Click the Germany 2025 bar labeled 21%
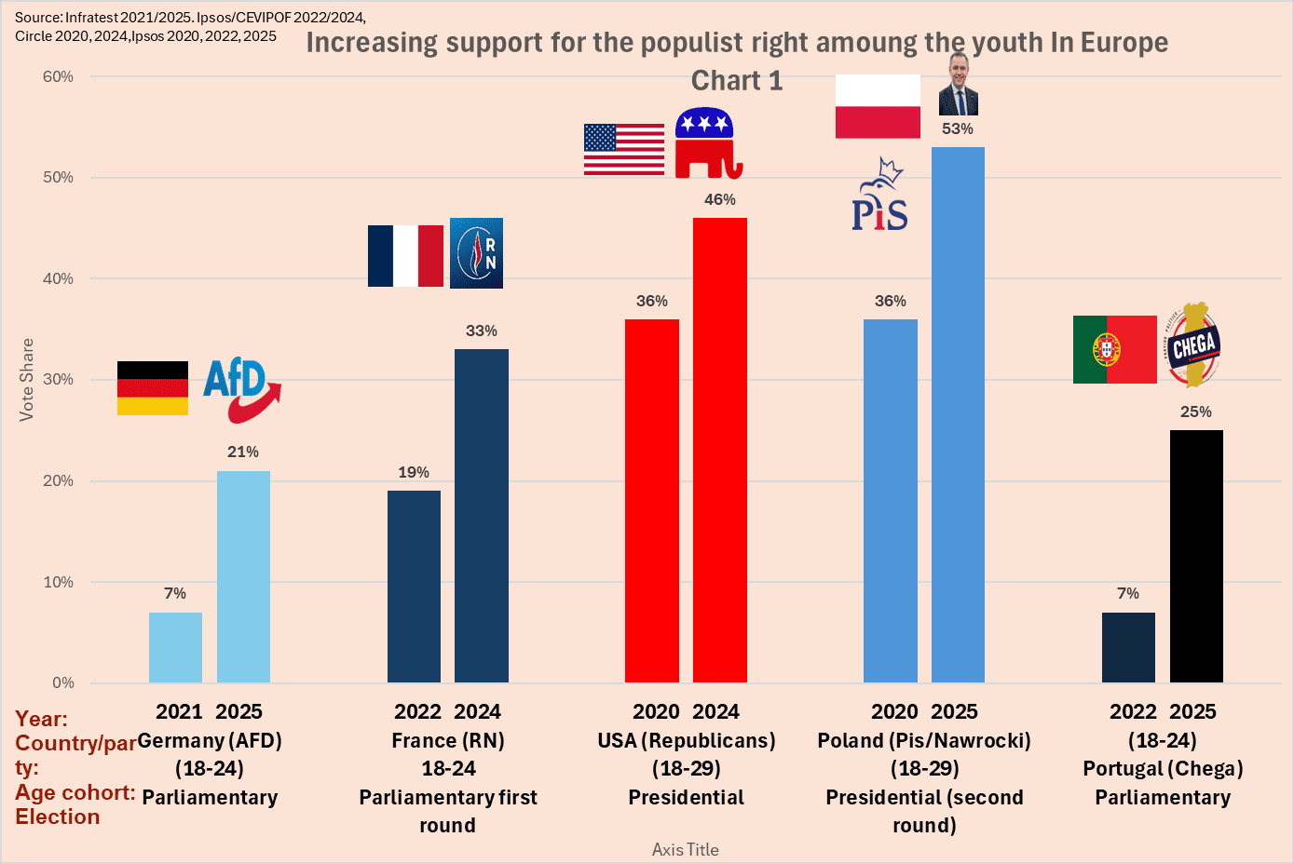pos(243,576)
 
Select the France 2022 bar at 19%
pos(414,587)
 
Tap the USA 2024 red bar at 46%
pos(720,451)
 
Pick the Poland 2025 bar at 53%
pos(958,415)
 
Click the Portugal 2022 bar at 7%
pos(1128,648)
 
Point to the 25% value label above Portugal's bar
pos(1196,412)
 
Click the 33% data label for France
pos(482,331)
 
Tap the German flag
pos(153,388)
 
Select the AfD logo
pos(242,390)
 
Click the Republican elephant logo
pos(708,142)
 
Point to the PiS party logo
pos(879,195)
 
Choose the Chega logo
pos(1193,344)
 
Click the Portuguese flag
pos(1115,349)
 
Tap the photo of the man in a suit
pos(958,85)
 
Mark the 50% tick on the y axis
pos(58,177)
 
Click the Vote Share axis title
pos(27,380)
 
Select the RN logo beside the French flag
pos(476,253)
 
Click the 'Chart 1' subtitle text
pos(737,80)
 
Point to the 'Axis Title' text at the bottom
pos(685,850)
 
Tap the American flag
pos(624,149)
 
